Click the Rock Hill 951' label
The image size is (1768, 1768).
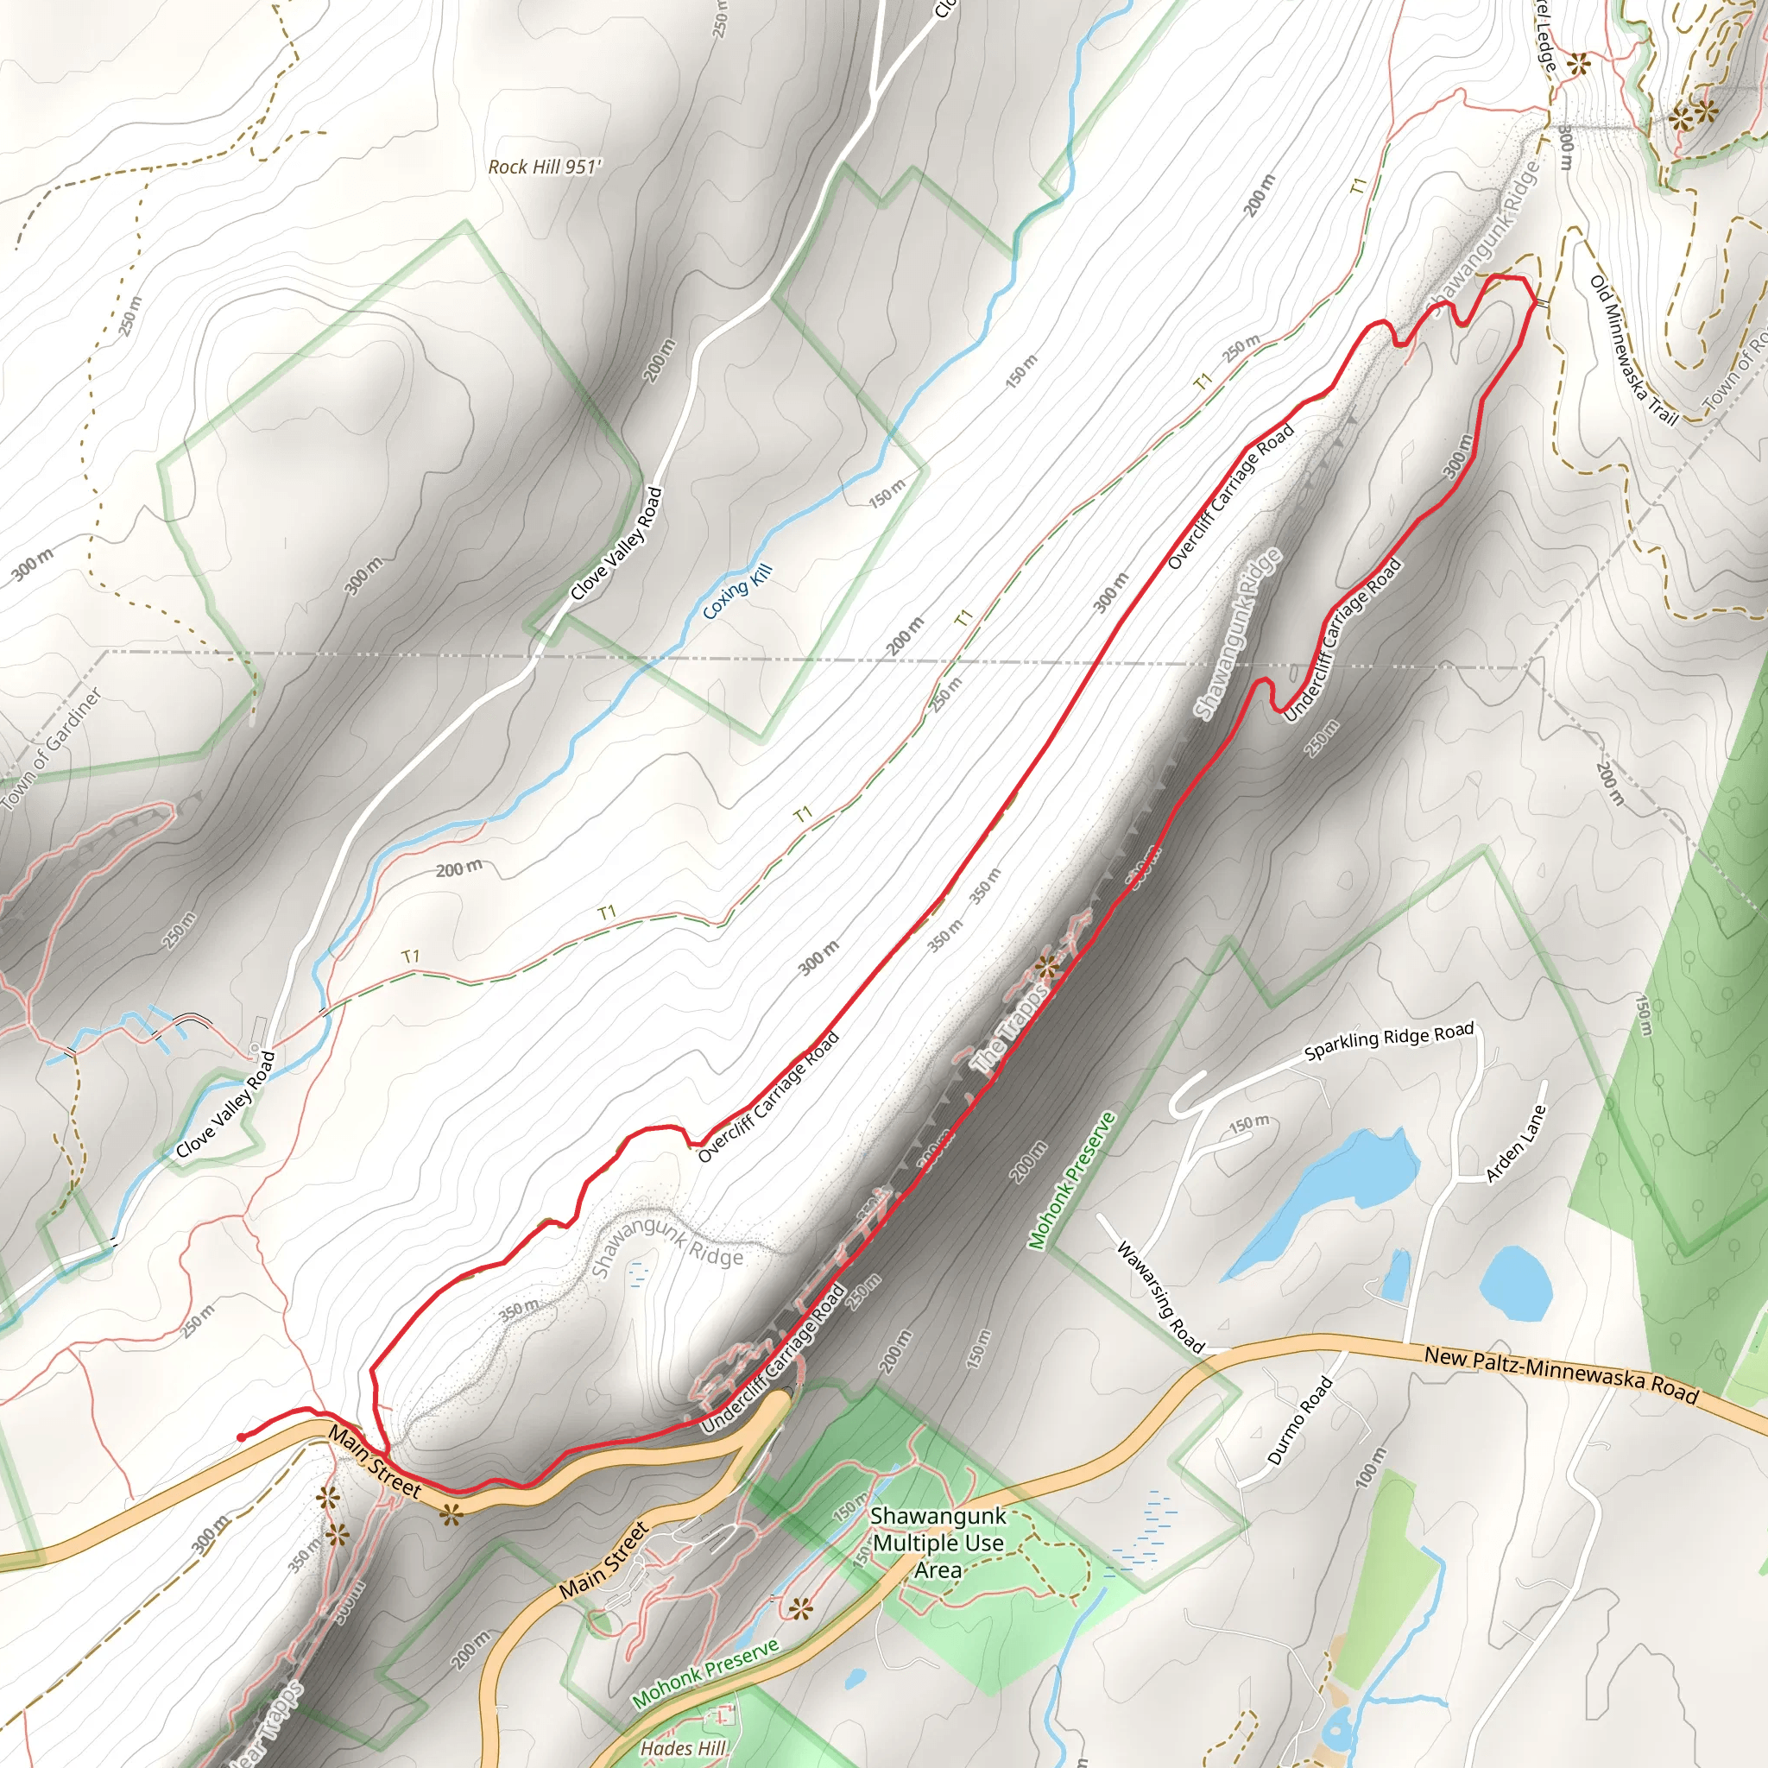[x=545, y=167]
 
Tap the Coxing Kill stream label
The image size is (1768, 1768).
[x=737, y=592]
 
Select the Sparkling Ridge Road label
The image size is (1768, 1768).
[x=1388, y=1041]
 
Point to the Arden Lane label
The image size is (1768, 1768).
[x=1515, y=1144]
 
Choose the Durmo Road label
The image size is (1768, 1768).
[x=1299, y=1421]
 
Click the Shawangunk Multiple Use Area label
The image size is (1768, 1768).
[x=938, y=1542]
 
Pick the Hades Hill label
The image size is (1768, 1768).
[x=683, y=1748]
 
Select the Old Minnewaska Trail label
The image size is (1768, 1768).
[x=1633, y=350]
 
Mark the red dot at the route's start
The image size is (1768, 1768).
[x=241, y=1436]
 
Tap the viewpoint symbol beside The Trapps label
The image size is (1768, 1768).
[x=1047, y=966]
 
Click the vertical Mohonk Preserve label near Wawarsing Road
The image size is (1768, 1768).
[x=1071, y=1180]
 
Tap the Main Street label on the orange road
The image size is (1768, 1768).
[x=376, y=1462]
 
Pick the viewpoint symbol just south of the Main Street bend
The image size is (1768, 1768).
[x=449, y=1514]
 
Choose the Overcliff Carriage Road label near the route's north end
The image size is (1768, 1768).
[x=1231, y=496]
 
